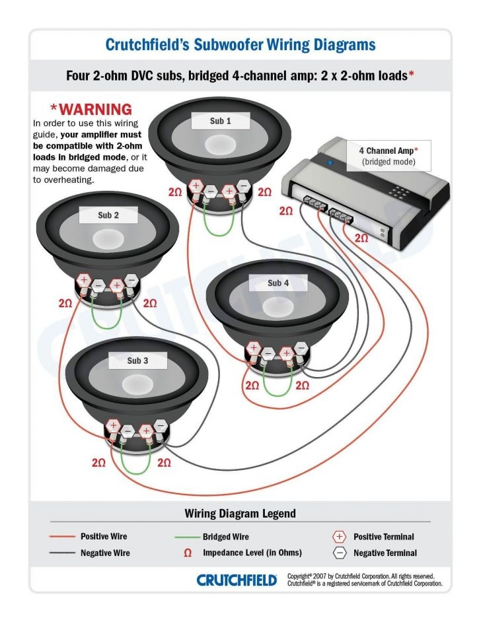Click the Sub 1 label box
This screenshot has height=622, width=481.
click(221, 121)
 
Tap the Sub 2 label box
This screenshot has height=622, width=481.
click(108, 215)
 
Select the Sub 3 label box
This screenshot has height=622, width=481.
click(137, 361)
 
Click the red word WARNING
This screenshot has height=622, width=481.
click(91, 109)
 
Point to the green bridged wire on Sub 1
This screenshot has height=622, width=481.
click(219, 225)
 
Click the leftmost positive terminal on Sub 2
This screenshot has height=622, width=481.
click(84, 280)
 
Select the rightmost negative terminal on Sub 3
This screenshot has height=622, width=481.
click(161, 427)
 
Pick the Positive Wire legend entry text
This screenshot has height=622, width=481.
click(104, 536)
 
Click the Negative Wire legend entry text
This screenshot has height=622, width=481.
click(105, 553)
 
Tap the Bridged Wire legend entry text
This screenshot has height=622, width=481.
click(226, 537)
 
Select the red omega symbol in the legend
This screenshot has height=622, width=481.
click(188, 553)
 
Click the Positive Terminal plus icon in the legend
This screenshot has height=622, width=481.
click(340, 537)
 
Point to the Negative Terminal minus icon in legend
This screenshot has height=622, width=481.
click(340, 553)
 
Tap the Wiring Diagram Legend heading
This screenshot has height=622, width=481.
click(240, 513)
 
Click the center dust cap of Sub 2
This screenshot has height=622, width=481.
click(108, 238)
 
